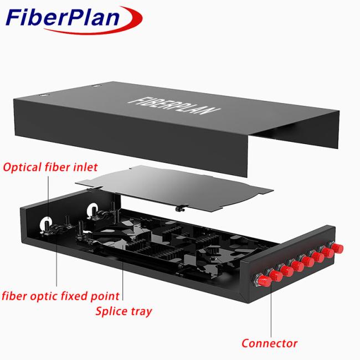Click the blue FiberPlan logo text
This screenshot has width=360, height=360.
(63, 17)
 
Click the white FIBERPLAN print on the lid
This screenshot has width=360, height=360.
(174, 106)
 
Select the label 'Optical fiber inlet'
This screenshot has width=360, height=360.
(50, 167)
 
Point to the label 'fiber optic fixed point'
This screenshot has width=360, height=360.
(60, 296)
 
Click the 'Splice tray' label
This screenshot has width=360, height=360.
(124, 311)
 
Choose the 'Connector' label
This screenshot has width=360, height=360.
(270, 343)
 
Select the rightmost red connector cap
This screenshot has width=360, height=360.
(337, 249)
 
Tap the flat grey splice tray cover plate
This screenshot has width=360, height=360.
(174, 187)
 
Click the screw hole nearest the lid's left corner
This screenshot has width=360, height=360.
(43, 95)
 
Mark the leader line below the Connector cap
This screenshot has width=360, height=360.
(271, 310)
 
